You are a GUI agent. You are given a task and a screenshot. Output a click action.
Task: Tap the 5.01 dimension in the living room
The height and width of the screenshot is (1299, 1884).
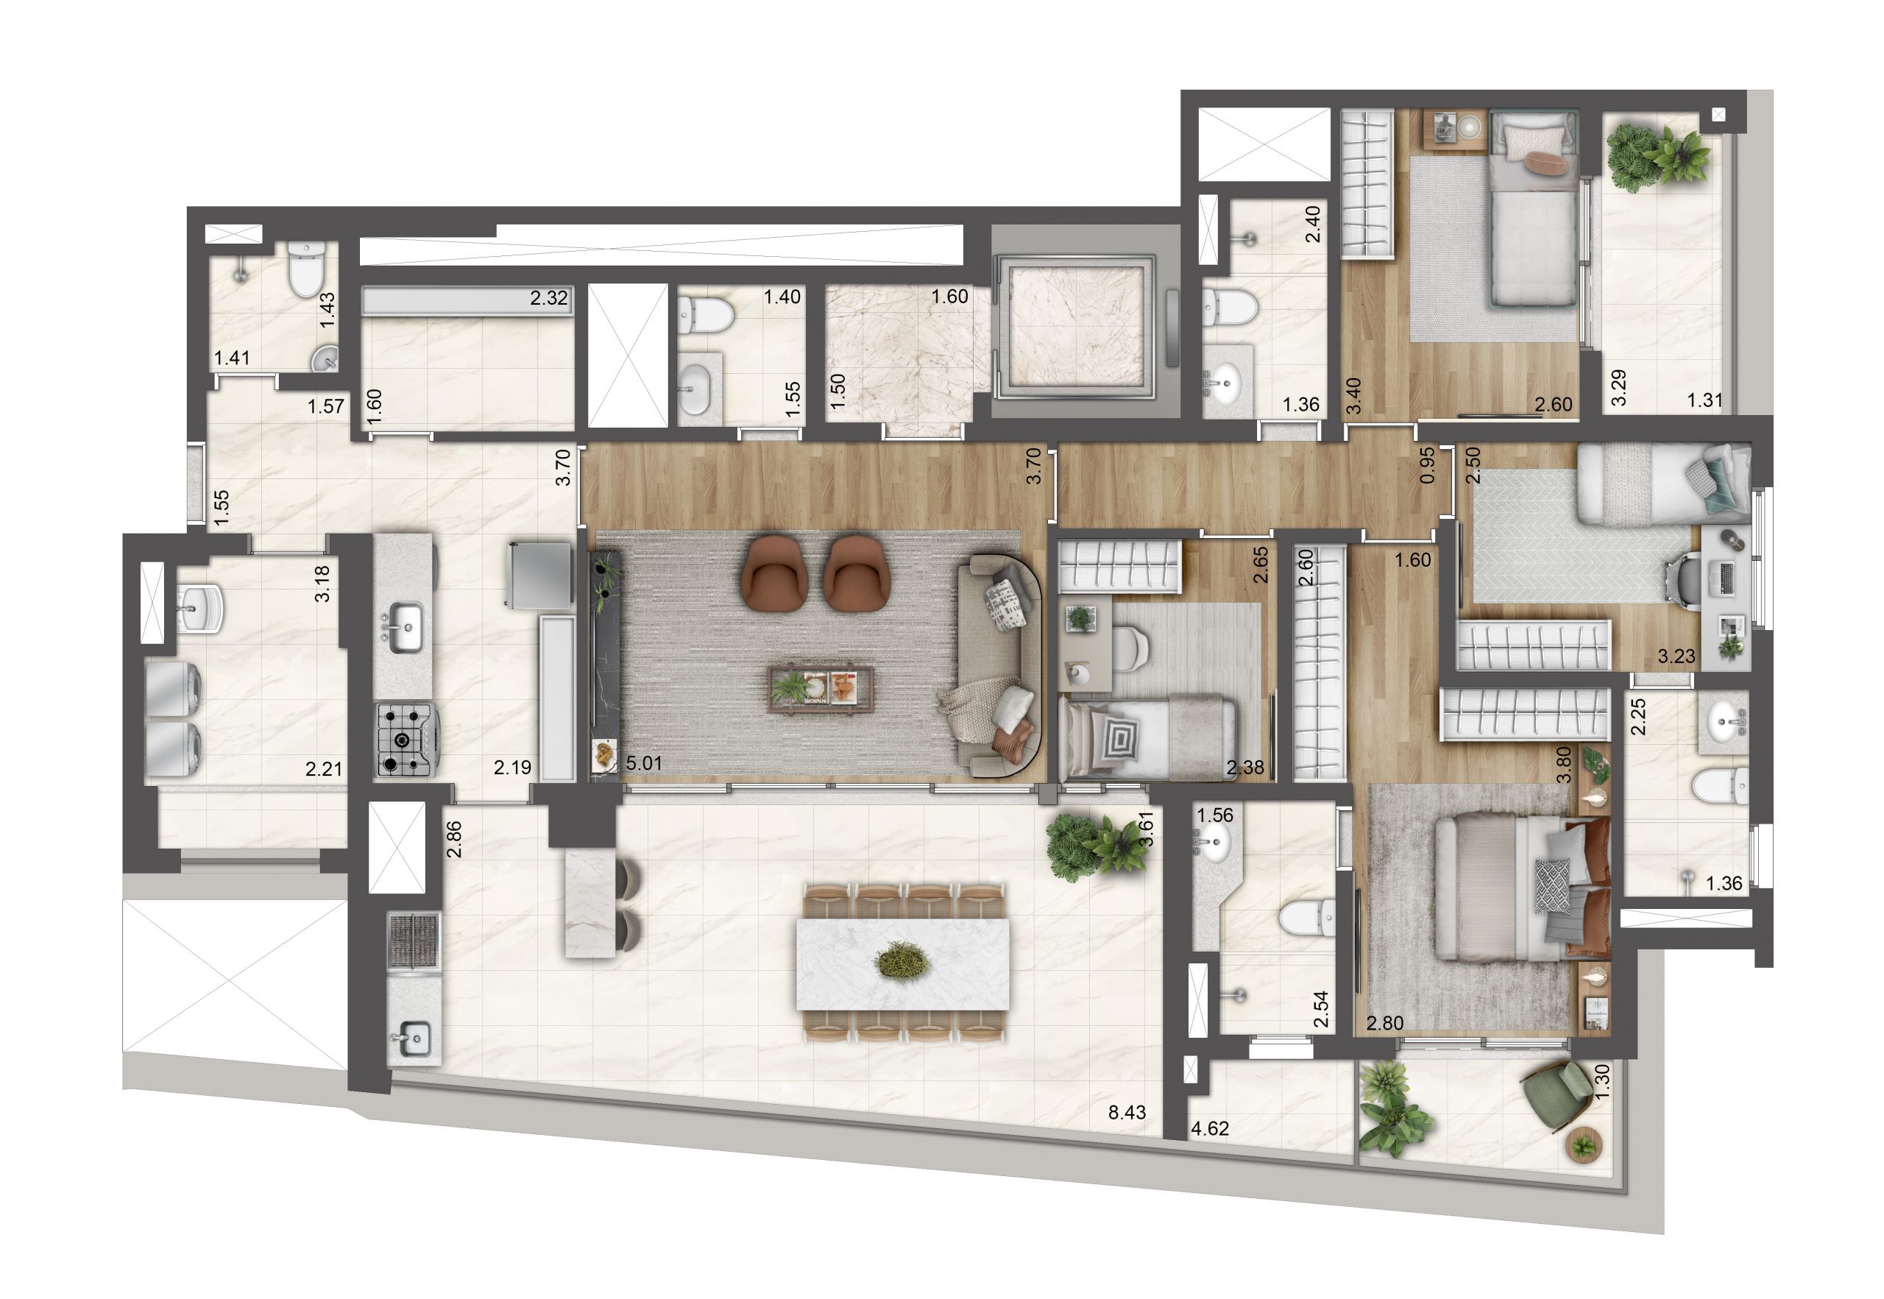pyautogui.click(x=644, y=762)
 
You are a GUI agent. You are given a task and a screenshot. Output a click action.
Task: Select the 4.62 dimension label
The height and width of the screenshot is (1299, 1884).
pyautogui.click(x=1209, y=1128)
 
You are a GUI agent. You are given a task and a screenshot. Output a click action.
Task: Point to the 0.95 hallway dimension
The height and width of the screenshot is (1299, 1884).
pyautogui.click(x=1427, y=467)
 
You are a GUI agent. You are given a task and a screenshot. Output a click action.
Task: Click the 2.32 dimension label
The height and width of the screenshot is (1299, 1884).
pyautogui.click(x=548, y=298)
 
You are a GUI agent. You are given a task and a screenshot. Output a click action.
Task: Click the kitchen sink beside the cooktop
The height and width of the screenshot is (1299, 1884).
pyautogui.click(x=403, y=627)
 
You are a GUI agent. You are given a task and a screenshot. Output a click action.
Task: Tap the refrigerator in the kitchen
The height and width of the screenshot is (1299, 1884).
pyautogui.click(x=539, y=575)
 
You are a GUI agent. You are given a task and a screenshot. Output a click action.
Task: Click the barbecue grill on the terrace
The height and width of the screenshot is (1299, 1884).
pyautogui.click(x=414, y=941)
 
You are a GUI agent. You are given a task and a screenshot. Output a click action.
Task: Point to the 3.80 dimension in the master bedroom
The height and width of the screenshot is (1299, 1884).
pyautogui.click(x=1563, y=765)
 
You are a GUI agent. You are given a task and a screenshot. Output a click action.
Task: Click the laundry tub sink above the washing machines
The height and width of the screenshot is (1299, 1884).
pyautogui.click(x=198, y=607)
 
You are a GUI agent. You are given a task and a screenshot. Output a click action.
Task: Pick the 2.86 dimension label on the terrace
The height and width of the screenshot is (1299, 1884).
pyautogui.click(x=454, y=839)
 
